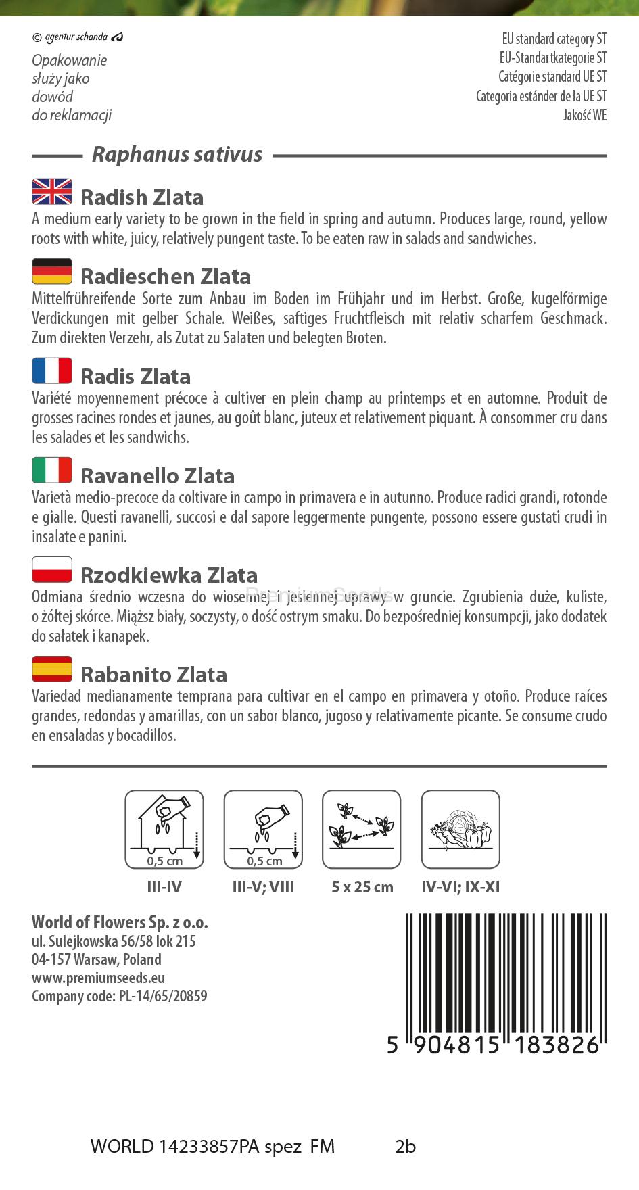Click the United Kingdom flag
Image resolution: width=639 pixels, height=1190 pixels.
pyautogui.click(x=52, y=192)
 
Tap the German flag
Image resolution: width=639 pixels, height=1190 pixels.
pyautogui.click(x=52, y=271)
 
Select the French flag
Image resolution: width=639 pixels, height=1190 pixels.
pyautogui.click(x=52, y=371)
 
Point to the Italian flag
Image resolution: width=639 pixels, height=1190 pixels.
pyautogui.click(x=52, y=471)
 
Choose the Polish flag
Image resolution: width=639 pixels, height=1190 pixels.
pyautogui.click(x=52, y=570)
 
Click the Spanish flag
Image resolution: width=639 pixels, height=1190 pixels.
pyautogui.click(x=52, y=669)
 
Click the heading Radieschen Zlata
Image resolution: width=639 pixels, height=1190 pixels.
pyautogui.click(x=166, y=277)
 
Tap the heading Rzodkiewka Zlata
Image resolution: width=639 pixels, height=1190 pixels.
pyautogui.click(x=169, y=575)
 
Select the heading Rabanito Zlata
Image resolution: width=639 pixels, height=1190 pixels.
pyautogui.click(x=153, y=675)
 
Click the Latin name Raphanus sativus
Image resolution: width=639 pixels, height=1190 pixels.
pyautogui.click(x=177, y=155)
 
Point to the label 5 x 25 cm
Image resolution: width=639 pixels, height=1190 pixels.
pyautogui.click(x=362, y=887)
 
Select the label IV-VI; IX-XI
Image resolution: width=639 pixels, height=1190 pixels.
pyautogui.click(x=460, y=887)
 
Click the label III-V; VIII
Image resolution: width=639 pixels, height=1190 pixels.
pyautogui.click(x=263, y=887)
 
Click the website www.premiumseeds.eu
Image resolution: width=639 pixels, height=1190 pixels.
pyautogui.click(x=98, y=978)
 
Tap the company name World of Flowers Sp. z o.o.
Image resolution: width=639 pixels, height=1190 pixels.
pyautogui.click(x=120, y=922)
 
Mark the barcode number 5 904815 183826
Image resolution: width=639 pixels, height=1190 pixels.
pyautogui.click(x=494, y=1045)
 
